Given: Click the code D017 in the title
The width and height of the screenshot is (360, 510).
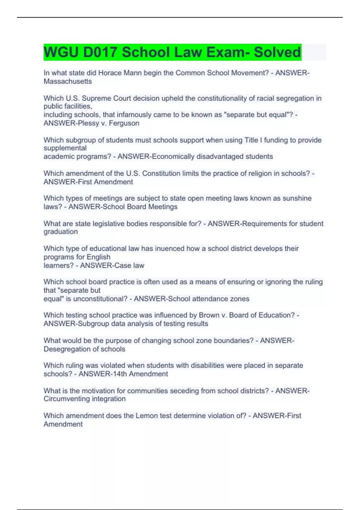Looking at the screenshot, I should (100, 52).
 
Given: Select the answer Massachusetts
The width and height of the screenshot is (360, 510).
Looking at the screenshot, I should (68, 81).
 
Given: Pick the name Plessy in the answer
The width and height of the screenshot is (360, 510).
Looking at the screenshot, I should (88, 123).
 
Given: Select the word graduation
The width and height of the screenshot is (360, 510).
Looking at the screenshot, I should (61, 232).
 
